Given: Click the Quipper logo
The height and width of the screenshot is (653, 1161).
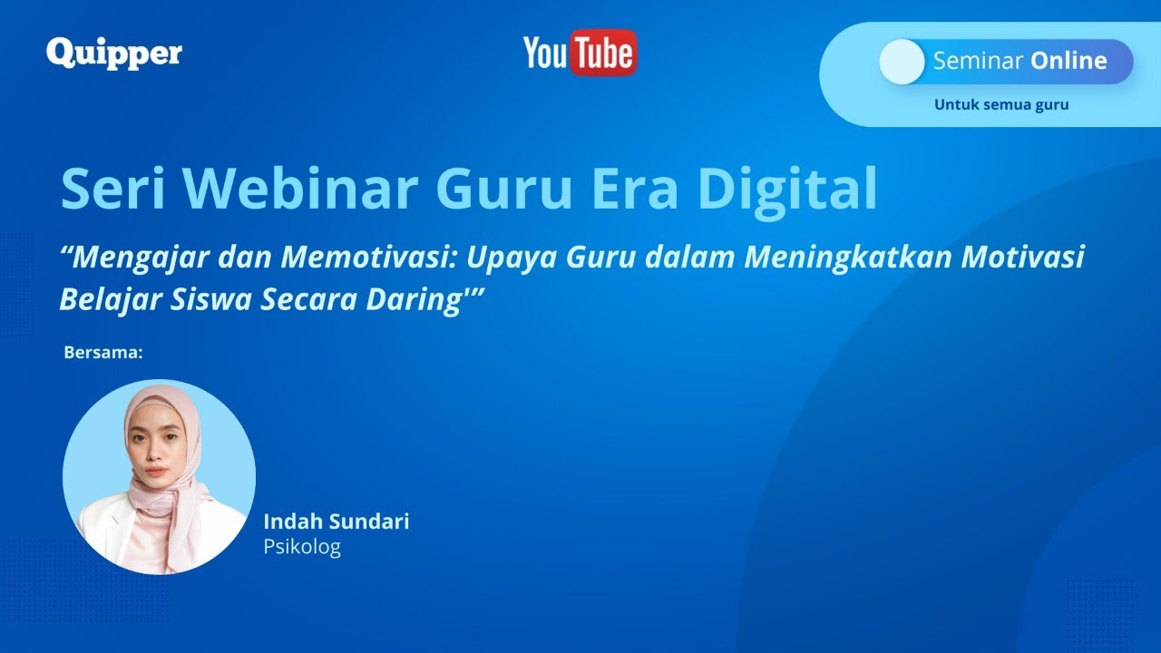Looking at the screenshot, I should [113, 53].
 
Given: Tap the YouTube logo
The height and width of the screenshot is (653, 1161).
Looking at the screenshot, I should [580, 54].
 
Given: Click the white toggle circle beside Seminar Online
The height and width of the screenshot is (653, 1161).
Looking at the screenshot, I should [902, 62].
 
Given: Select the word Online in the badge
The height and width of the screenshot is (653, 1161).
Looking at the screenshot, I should [1068, 61].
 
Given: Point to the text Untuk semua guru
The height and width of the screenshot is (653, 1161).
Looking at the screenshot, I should [1001, 104].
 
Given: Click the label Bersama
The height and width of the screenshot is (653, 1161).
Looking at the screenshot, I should [103, 352].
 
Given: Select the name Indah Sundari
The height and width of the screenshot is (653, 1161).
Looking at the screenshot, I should [336, 521].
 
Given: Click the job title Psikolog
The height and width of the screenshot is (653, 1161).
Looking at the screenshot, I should [302, 547].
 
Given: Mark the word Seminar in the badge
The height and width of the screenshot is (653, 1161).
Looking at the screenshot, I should [976, 61].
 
